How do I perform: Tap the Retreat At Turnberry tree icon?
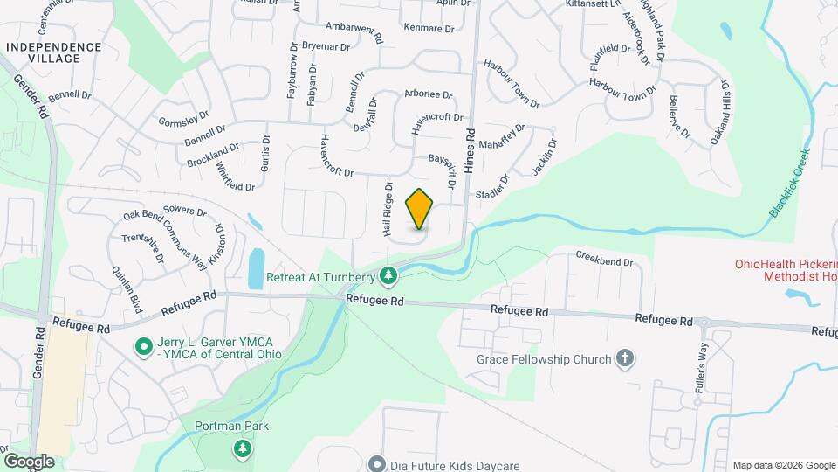388,278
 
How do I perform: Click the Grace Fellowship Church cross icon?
624,358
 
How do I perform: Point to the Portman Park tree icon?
242,448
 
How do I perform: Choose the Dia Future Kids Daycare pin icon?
377,463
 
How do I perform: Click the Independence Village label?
53,52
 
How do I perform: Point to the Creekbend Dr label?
603,260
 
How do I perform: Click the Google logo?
28,462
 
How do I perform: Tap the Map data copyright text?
782,464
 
